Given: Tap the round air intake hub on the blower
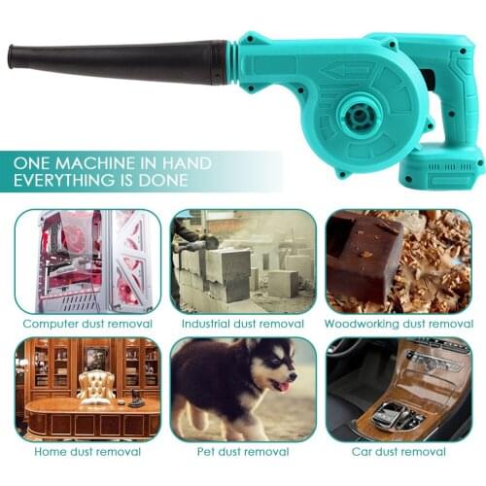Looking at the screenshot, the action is click(x=359, y=115).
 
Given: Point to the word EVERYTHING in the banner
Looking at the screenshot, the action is click(x=64, y=180).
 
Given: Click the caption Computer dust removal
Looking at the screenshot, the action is click(x=87, y=324).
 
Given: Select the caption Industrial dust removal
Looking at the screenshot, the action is click(x=243, y=324).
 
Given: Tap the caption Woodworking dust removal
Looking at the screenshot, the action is click(x=399, y=324).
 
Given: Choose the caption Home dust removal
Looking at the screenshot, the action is click(x=87, y=452).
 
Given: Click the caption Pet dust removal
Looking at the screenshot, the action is click(x=243, y=452).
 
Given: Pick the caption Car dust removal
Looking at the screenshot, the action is click(x=399, y=452).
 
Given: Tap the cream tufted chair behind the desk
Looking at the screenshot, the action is click(x=96, y=387).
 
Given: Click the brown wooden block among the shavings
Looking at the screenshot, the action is click(x=363, y=255).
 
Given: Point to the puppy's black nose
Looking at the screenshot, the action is click(x=293, y=377).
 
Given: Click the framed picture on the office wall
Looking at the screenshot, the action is click(x=96, y=358).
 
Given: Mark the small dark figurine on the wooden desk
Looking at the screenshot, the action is click(x=133, y=399).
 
